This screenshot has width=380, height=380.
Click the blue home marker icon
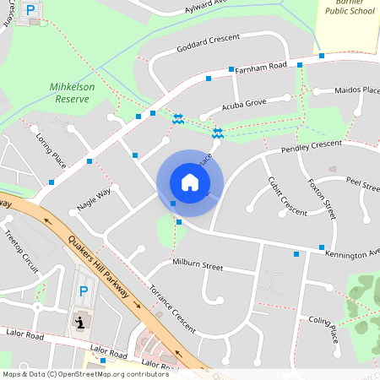pos(189,182)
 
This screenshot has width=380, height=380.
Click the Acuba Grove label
pos(244,105)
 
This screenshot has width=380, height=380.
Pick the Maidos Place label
pos(358,90)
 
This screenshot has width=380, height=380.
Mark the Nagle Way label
pos(94,204)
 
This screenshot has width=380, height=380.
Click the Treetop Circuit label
pos(21,251)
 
